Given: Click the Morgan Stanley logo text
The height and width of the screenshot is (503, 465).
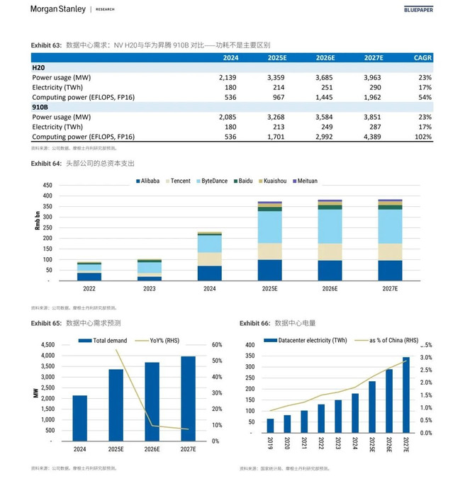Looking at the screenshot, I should coord(58,9).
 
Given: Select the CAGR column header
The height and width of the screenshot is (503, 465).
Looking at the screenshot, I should coord(422,58).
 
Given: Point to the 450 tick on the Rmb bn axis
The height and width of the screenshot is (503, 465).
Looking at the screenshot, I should coord(47,186).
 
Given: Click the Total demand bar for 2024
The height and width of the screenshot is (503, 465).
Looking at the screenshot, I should coord(80,418).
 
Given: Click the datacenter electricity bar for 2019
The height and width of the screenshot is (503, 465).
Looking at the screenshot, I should coord(270,425).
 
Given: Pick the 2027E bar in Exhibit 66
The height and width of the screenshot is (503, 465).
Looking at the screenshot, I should coord(405,395).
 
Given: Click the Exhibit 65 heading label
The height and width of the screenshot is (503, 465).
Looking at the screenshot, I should coord(46,323).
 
